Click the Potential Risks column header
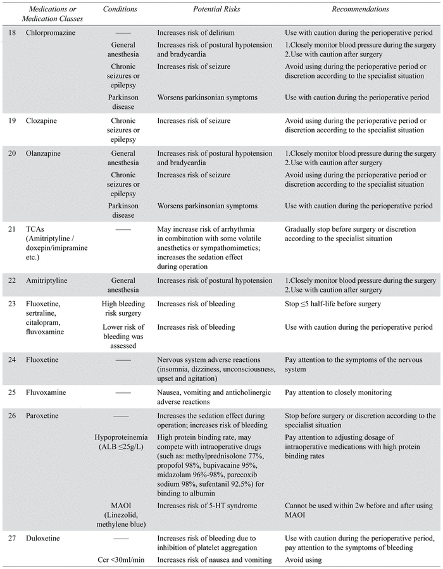click(x=198, y=10)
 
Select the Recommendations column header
click(x=360, y=10)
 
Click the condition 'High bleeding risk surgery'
click(x=123, y=308)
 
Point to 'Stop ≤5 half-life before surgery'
click(x=333, y=304)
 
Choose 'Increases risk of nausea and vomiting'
click(x=215, y=559)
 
